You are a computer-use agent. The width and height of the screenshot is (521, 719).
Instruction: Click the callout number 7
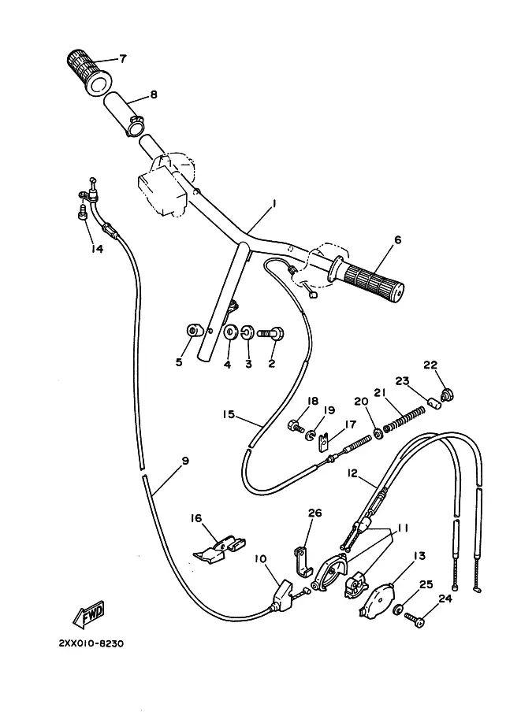tap(122, 58)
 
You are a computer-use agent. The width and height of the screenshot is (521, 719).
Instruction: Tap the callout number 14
tap(97, 249)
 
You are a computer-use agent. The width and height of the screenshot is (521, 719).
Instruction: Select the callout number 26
tap(314, 513)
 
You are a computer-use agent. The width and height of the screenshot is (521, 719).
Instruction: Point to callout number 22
tap(430, 365)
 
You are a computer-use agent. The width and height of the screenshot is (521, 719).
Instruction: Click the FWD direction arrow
tap(89, 613)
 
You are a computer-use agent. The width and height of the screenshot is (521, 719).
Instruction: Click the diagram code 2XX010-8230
tap(91, 643)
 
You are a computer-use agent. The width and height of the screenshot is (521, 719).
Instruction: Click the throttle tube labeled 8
tap(130, 115)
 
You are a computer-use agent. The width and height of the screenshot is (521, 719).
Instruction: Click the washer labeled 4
tap(230, 333)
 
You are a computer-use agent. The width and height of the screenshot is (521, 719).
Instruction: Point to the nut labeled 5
tap(191, 330)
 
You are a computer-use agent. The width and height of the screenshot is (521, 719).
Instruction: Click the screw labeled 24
tap(415, 620)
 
